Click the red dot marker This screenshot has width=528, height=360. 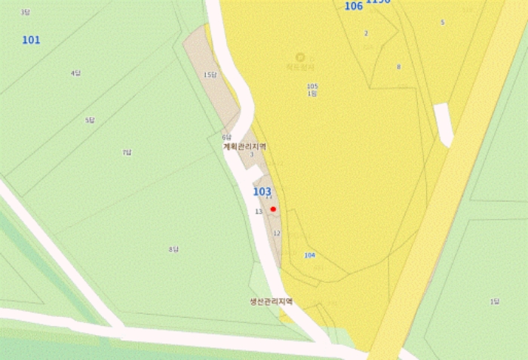[274, 208]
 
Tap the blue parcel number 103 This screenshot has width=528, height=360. [262, 192]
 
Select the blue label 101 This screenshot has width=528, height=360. [31, 39]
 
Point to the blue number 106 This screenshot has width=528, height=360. [353, 6]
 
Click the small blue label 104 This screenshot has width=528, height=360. [309, 255]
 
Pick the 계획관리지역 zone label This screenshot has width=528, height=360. [244, 146]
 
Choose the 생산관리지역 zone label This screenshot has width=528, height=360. [271, 300]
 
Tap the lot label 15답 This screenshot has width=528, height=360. [210, 75]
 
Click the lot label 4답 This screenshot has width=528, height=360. [75, 73]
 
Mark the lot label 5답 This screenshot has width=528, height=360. [90, 121]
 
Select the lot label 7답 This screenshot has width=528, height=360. [127, 152]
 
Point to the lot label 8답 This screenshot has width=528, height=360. [173, 249]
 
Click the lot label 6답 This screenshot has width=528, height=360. [226, 137]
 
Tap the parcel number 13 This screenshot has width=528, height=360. [259, 211]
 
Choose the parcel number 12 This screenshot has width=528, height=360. [277, 233]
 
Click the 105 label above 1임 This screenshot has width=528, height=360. [312, 86]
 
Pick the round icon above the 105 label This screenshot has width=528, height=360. [300, 57]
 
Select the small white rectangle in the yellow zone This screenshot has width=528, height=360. [444, 125]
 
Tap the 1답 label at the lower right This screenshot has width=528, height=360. [495, 302]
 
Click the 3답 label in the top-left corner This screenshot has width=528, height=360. [26, 12]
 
